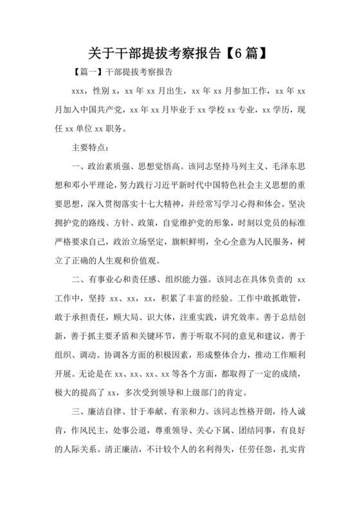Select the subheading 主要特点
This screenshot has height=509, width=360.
click(87, 148)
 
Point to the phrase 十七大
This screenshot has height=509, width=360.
click(166, 204)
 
